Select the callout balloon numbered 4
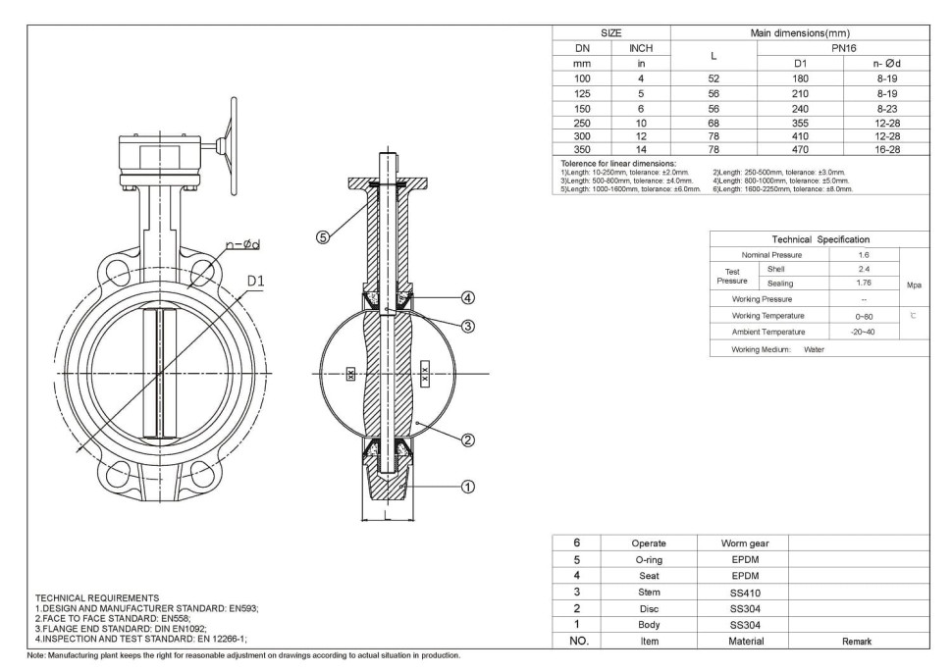(468, 297)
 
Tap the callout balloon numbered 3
(468, 327)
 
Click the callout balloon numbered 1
(468, 485)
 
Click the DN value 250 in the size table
(583, 124)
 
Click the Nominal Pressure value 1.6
(864, 254)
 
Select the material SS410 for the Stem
(745, 593)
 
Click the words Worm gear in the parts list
(745, 543)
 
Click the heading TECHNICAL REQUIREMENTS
(96, 597)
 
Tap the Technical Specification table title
(820, 239)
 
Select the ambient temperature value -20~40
(864, 332)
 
